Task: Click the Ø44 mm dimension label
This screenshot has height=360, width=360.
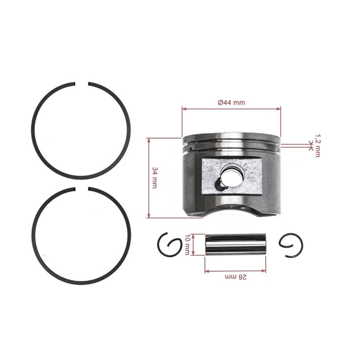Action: coord(231,103)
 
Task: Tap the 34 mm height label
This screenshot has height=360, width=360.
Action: coord(155,178)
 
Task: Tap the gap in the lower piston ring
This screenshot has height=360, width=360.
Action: coord(82,191)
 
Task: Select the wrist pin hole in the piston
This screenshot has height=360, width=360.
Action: coord(231,175)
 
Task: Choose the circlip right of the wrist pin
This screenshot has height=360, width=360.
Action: coord(292,245)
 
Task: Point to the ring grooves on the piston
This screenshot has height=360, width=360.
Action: coord(231,145)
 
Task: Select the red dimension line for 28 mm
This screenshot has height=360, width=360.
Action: coord(231,270)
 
